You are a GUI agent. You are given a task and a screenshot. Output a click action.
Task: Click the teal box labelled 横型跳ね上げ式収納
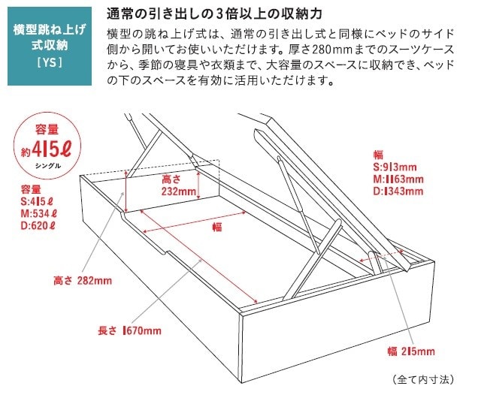pos(50,46)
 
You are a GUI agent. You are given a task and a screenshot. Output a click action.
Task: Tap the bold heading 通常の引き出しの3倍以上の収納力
pos(214,14)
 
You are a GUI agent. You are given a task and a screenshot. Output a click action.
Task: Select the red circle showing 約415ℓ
pos(47,146)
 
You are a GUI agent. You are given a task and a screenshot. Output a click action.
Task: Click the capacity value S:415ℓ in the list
pos(37,202)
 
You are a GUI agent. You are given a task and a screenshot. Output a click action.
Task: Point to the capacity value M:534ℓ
pos(38,213)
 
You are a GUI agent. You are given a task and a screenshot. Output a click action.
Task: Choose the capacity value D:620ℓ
pos(38,226)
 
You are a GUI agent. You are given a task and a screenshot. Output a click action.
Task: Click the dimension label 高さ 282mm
pos(83,280)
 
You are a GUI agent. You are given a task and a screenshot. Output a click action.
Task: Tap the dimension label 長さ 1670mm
pos(129,330)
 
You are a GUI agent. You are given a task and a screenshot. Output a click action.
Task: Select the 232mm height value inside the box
pos(179,191)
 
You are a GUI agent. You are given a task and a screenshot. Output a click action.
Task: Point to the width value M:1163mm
pos(398,179)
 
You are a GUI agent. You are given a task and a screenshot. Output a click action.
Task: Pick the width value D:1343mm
pos(398,191)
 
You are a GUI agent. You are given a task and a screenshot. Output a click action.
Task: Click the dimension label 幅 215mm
pos(411,351)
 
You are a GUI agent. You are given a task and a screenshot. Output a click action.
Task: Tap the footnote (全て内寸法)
pos(422,380)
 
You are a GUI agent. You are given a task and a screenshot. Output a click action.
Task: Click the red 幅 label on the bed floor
pos(217,227)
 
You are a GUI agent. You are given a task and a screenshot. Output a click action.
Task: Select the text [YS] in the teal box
pos(50,63)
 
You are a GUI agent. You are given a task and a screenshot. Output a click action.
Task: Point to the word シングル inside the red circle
pos(48,166)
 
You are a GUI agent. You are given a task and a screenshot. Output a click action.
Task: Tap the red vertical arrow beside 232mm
pos(198,185)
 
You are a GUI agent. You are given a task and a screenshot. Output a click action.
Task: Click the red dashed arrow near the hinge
pos(382,256)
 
